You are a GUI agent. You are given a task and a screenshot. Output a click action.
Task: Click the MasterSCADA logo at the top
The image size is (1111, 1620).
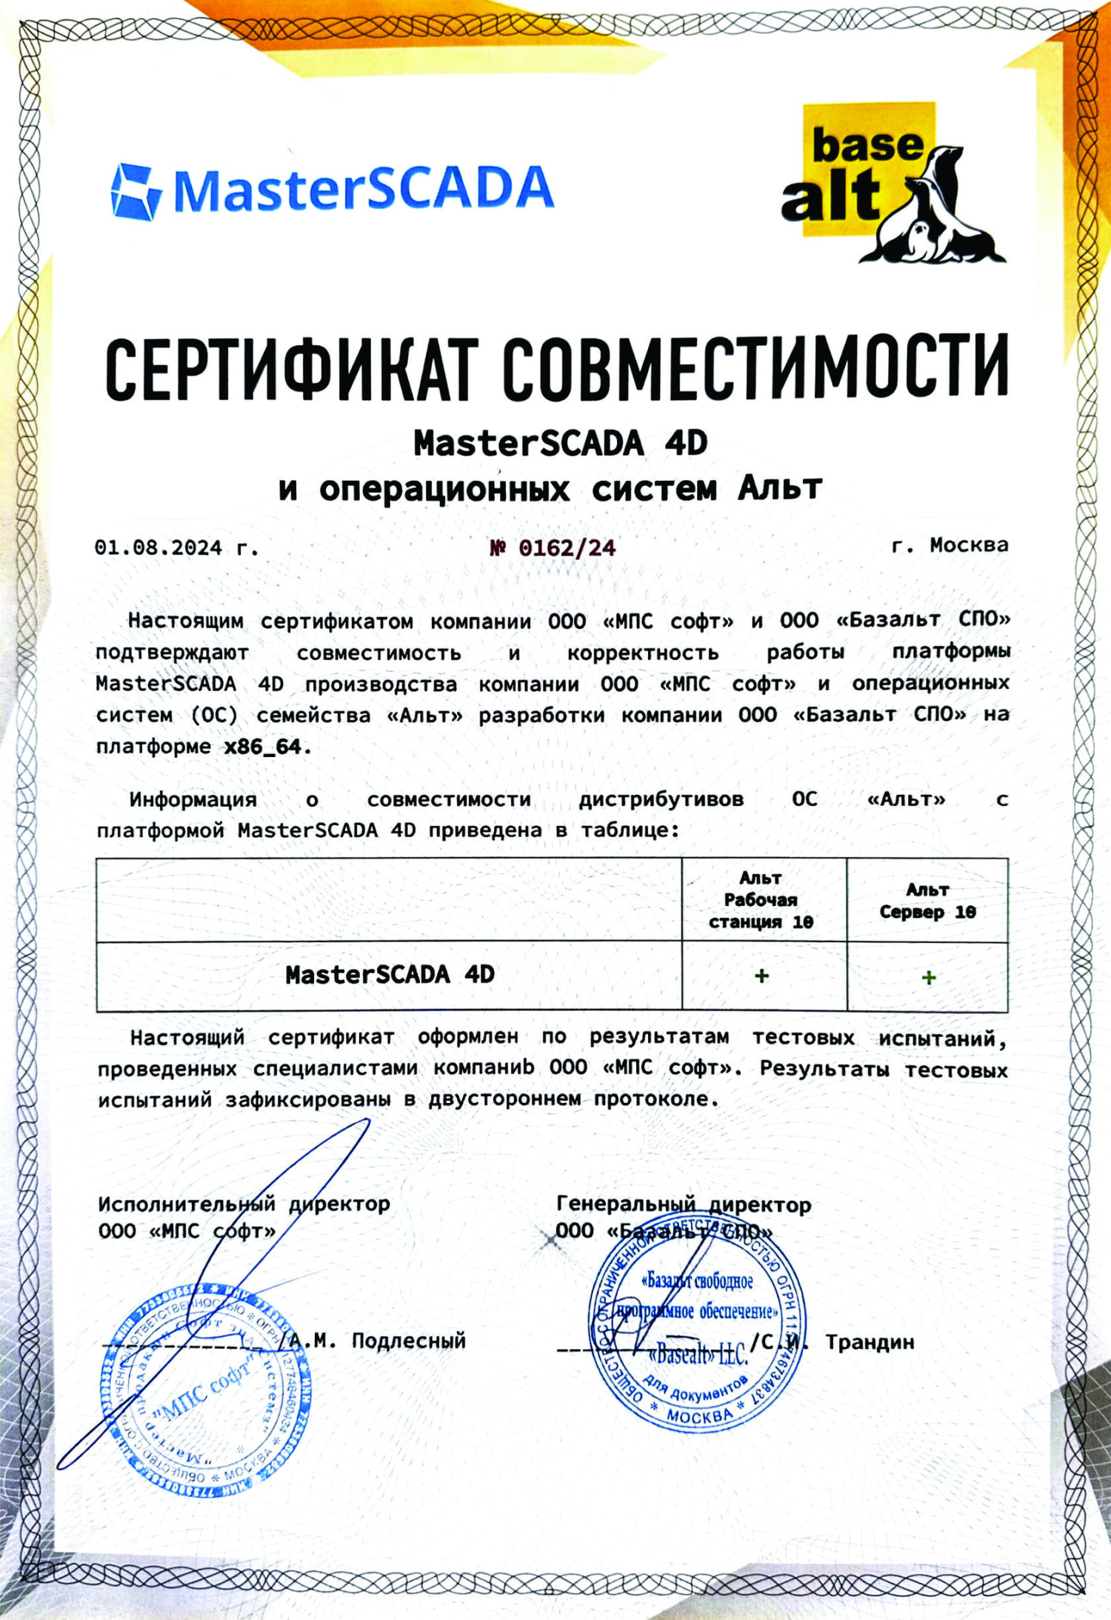[332, 190]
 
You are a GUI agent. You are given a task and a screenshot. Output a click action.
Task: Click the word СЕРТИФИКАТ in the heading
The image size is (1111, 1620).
[289, 368]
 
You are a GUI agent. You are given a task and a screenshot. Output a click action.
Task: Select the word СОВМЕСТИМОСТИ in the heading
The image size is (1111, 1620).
[755, 367]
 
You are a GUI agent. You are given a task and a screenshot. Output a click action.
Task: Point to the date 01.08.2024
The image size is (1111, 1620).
[158, 548]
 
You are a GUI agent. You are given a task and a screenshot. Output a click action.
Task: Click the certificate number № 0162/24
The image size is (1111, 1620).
[553, 548]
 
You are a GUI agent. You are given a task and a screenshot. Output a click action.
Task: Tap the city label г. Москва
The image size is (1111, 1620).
[950, 545]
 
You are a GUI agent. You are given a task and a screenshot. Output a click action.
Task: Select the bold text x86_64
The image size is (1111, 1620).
[263, 747]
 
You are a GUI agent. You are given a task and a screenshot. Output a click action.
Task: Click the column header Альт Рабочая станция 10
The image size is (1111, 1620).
[761, 900]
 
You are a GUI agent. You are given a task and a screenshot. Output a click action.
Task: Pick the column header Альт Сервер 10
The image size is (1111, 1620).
[927, 901]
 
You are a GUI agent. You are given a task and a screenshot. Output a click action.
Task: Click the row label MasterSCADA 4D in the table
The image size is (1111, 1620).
[390, 975]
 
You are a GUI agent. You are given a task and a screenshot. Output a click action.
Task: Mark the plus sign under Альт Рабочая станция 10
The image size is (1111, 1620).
[761, 976]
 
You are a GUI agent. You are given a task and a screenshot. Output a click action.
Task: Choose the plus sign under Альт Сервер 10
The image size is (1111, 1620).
[929, 978]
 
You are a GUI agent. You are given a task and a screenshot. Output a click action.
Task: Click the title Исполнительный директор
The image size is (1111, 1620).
[244, 1204]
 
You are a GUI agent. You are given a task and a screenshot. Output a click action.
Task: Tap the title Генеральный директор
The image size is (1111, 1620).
[684, 1205]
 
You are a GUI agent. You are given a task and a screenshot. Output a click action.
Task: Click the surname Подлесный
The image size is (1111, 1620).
[409, 1341]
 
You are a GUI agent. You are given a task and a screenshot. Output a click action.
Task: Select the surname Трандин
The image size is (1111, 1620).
[870, 1342]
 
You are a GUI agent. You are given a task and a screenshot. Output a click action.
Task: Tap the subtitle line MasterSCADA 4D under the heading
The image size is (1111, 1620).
[561, 444]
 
